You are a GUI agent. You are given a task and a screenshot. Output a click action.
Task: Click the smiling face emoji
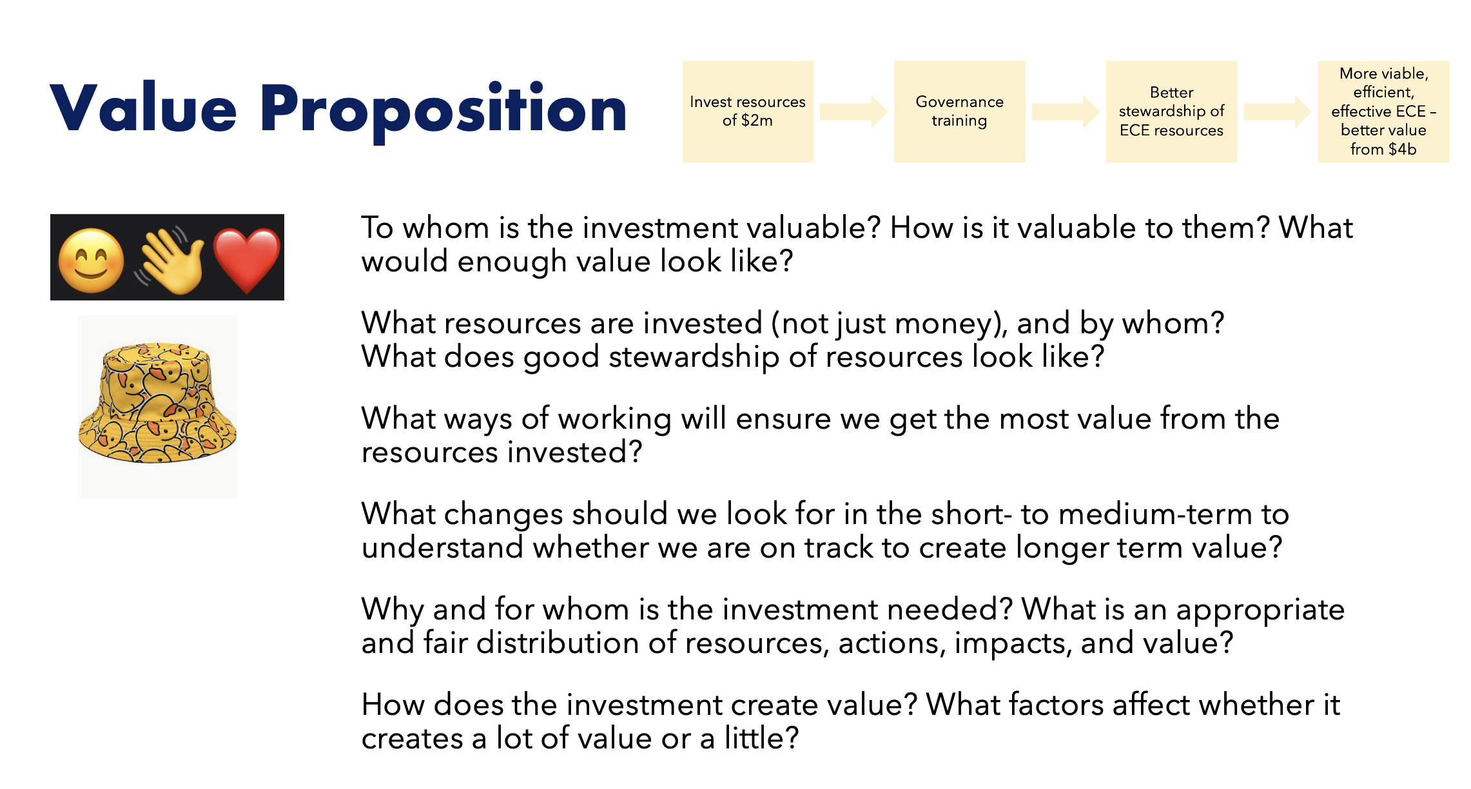[91, 261]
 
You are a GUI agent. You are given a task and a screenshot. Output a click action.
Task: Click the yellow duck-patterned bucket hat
[157, 402]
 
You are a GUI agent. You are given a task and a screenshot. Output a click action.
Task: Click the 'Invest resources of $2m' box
[748, 112]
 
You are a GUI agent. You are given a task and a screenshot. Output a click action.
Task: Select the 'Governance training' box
[959, 112]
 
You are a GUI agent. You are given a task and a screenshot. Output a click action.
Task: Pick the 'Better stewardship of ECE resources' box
[1171, 112]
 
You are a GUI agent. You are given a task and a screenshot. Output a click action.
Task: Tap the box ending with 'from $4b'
[1383, 112]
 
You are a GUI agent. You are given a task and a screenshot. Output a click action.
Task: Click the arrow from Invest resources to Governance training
[853, 112]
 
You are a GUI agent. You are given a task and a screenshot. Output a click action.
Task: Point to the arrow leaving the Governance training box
[1066, 112]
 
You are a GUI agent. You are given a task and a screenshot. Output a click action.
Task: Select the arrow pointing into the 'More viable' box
[1277, 112]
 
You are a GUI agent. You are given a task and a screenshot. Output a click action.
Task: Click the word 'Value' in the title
[144, 108]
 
